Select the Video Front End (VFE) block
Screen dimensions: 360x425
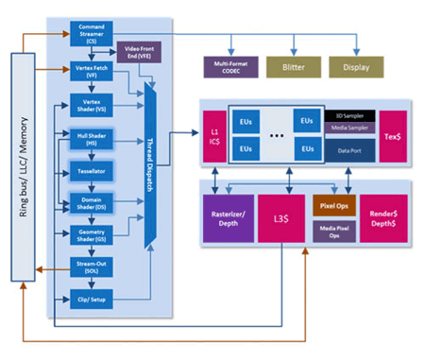[x=135, y=54]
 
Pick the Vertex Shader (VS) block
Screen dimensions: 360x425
[x=91, y=104]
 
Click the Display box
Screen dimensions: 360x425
[x=349, y=67]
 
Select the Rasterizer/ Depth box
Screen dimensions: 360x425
[x=223, y=219]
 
